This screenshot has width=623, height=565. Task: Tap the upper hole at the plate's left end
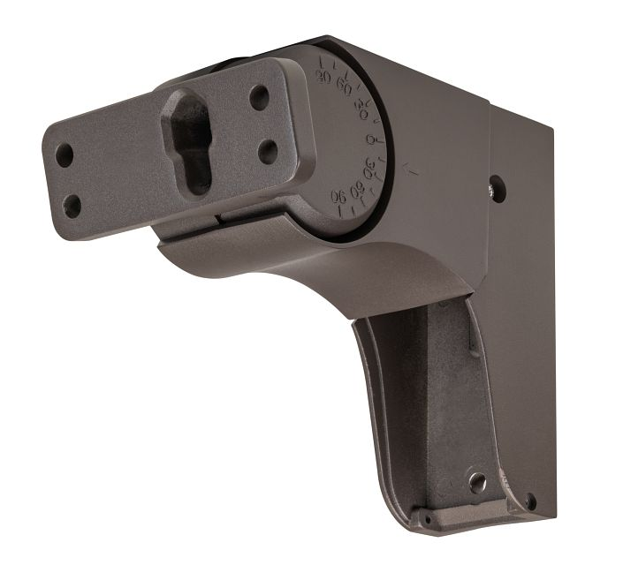click(x=65, y=156)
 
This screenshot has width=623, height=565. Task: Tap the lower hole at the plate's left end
click(x=72, y=207)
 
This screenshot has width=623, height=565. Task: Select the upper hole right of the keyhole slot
click(x=259, y=96)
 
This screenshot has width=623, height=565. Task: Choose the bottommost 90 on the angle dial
click(x=338, y=195)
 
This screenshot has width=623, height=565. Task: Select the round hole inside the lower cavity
click(x=478, y=482)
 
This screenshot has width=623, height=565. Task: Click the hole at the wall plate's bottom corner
click(x=530, y=502)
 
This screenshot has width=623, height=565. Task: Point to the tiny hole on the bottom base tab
click(x=427, y=518)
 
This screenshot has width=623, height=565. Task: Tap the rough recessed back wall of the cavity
click(x=451, y=397)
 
